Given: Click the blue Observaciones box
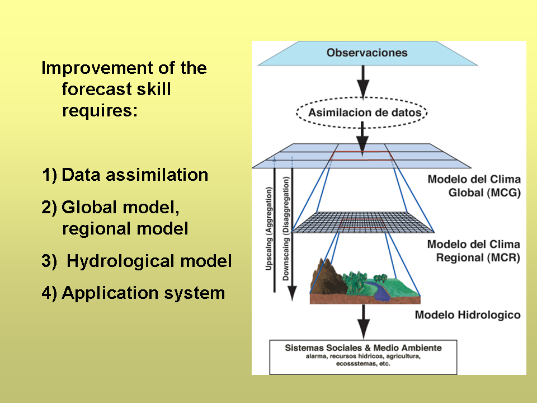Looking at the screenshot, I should pyautogui.click(x=367, y=54).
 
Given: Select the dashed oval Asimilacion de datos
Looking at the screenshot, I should pyautogui.click(x=362, y=113).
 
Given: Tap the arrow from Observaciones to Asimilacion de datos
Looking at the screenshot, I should pyautogui.click(x=363, y=82).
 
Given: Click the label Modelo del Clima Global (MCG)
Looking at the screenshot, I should pyautogui.click(x=473, y=187).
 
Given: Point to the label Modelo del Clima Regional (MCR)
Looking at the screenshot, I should pyautogui.click(x=473, y=251).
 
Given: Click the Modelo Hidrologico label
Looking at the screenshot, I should pyautogui.click(x=468, y=315).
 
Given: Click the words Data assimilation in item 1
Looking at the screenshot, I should pyautogui.click(x=135, y=175).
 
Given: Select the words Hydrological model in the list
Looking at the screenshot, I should pyautogui.click(x=149, y=261).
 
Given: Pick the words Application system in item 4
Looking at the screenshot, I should pyautogui.click(x=143, y=293).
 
